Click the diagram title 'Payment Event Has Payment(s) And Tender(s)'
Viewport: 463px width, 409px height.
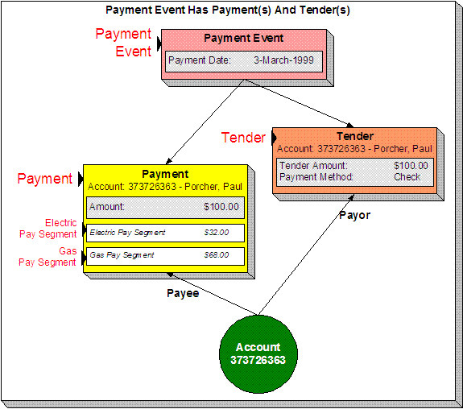(x=228, y=10)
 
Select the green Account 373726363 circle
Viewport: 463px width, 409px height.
(x=258, y=353)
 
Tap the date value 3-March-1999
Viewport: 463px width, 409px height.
(x=291, y=61)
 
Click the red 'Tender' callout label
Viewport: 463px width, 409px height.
(x=243, y=138)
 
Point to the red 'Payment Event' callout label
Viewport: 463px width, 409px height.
(x=123, y=43)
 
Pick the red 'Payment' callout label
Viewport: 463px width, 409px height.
(x=44, y=179)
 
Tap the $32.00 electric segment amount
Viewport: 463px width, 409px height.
(x=216, y=233)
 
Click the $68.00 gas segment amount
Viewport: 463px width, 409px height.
(x=216, y=255)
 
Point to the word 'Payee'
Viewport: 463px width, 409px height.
(x=184, y=294)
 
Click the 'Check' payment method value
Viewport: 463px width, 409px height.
(x=407, y=177)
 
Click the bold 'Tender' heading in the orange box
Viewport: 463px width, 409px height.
(x=356, y=137)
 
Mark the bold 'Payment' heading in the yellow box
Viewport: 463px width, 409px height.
(x=164, y=174)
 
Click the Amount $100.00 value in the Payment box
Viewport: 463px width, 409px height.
(x=221, y=207)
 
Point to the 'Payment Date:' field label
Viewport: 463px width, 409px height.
(x=200, y=61)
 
